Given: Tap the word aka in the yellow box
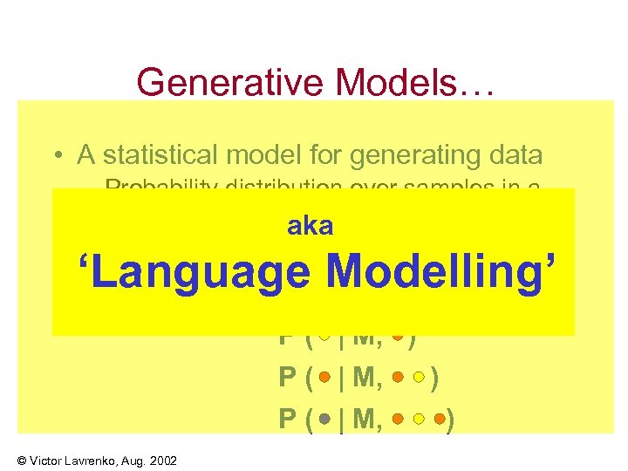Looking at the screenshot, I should pos(310,226).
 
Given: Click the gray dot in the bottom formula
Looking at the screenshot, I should pos(324,420).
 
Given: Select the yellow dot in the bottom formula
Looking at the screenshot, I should pos(420,420).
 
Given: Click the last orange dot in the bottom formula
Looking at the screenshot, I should pos(440,420).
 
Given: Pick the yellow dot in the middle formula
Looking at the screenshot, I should pos(420,377).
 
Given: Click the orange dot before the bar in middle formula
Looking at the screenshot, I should pos(324,377).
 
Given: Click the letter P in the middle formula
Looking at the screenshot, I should pos(287,377).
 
